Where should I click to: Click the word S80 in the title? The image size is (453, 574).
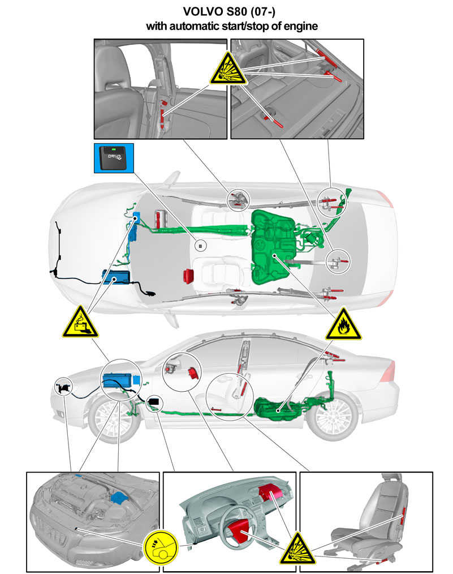(x=236, y=11)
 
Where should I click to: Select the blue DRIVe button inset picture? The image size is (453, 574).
(x=114, y=158)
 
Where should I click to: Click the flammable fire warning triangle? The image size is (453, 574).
(x=343, y=325)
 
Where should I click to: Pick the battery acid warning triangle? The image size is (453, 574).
(x=80, y=323)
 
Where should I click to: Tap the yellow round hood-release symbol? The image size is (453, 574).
(x=161, y=546)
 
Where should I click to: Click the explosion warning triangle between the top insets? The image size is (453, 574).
(x=228, y=70)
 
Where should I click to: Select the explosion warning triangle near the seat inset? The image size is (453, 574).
(x=297, y=550)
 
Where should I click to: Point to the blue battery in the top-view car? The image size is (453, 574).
(x=117, y=277)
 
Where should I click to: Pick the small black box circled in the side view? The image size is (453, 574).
(x=154, y=402)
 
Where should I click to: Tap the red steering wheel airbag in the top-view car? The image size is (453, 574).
(x=189, y=276)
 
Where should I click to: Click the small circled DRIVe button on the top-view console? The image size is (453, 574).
(x=200, y=246)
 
